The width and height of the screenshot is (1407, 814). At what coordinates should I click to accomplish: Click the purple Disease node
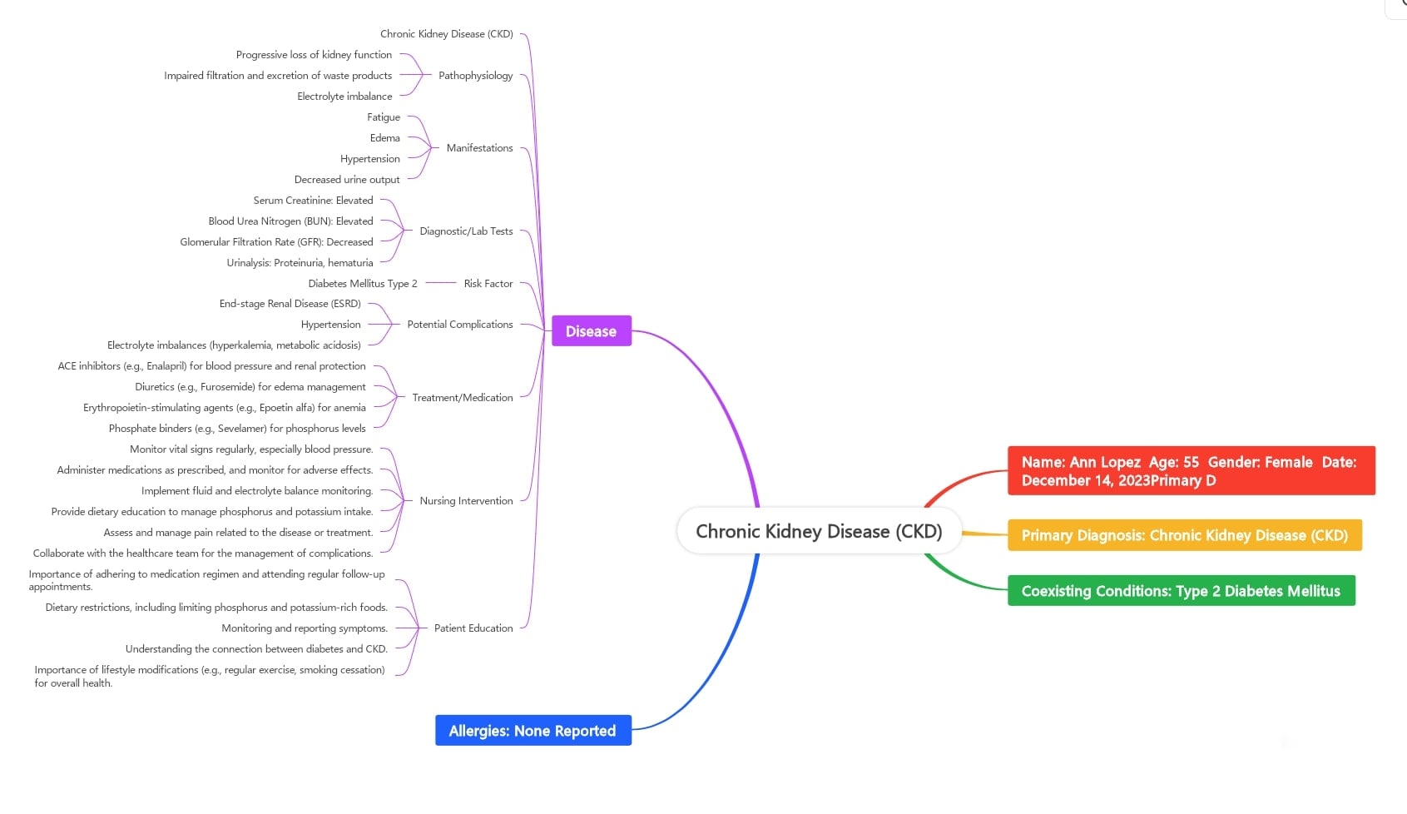pos(591,331)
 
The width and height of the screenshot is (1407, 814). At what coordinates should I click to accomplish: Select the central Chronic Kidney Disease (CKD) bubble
pos(819,531)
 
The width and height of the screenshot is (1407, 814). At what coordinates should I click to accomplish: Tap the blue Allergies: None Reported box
pos(533,731)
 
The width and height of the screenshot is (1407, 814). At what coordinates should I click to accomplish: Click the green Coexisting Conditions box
pos(1181,591)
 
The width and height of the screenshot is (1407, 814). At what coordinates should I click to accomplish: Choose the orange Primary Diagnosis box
pos(1184,535)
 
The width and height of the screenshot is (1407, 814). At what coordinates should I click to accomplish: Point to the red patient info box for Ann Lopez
pos(1190,471)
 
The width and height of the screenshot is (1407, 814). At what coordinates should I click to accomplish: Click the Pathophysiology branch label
pos(475,76)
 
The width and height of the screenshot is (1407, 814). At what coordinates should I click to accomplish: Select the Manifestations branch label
pos(479,148)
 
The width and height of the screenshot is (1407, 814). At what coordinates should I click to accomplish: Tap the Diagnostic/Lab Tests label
pos(466,231)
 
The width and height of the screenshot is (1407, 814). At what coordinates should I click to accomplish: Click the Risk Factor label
pos(488,284)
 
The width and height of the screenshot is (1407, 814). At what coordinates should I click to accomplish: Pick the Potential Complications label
pos(459,325)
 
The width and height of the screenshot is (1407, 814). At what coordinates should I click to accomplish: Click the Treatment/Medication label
pos(462,398)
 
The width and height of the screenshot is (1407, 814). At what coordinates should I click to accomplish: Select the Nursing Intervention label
pos(466,501)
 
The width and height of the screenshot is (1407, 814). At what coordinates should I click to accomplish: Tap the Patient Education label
pos(473,628)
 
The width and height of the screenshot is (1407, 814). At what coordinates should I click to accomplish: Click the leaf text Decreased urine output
pos(346,180)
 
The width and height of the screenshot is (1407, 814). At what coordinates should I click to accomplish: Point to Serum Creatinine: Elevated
pos(313,201)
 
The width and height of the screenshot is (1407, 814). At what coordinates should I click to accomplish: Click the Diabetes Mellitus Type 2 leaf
pos(362,284)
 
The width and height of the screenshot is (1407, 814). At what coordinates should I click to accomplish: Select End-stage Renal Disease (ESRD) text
pos(290,304)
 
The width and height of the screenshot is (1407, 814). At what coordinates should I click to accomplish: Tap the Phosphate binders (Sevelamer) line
pos(236,429)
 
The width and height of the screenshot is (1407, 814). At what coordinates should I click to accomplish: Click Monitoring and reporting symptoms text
pos(304,628)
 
